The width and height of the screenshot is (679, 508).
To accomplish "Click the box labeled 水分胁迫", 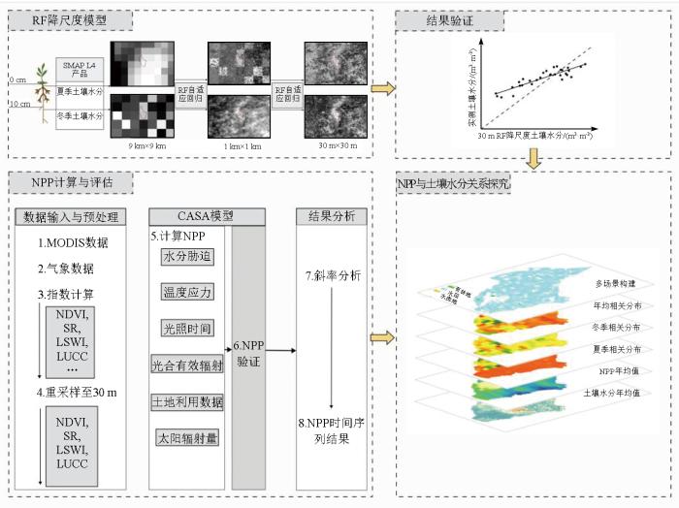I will pyautogui.click(x=188, y=257).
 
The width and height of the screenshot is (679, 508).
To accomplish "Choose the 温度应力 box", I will pyautogui.click(x=188, y=292).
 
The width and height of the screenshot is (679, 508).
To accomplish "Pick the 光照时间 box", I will pyautogui.click(x=188, y=329).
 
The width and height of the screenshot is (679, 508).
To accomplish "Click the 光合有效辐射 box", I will pyautogui.click(x=188, y=365).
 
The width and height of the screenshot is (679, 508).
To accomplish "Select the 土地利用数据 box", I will pyautogui.click(x=188, y=401).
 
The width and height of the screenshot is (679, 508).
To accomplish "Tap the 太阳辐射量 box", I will pyautogui.click(x=188, y=438).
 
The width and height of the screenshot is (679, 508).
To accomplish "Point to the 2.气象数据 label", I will pyautogui.click(x=68, y=268).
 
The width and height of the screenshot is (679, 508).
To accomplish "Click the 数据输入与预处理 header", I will pyautogui.click(x=76, y=216).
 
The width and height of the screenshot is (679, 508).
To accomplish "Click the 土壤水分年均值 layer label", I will pyautogui.click(x=617, y=393).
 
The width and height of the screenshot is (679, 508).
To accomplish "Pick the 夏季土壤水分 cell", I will pyautogui.click(x=81, y=92).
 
